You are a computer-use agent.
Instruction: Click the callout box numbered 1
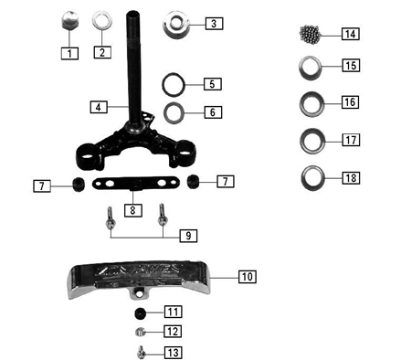click(x=69, y=53)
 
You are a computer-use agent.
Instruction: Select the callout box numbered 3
click(x=212, y=23)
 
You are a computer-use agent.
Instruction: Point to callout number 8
click(x=134, y=210)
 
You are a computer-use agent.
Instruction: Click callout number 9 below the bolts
click(x=186, y=236)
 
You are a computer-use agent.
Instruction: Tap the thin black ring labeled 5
click(x=176, y=84)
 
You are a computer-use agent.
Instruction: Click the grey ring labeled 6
click(x=176, y=113)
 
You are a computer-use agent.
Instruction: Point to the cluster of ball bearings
click(x=314, y=34)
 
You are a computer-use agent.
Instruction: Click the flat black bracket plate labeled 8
click(x=133, y=185)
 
